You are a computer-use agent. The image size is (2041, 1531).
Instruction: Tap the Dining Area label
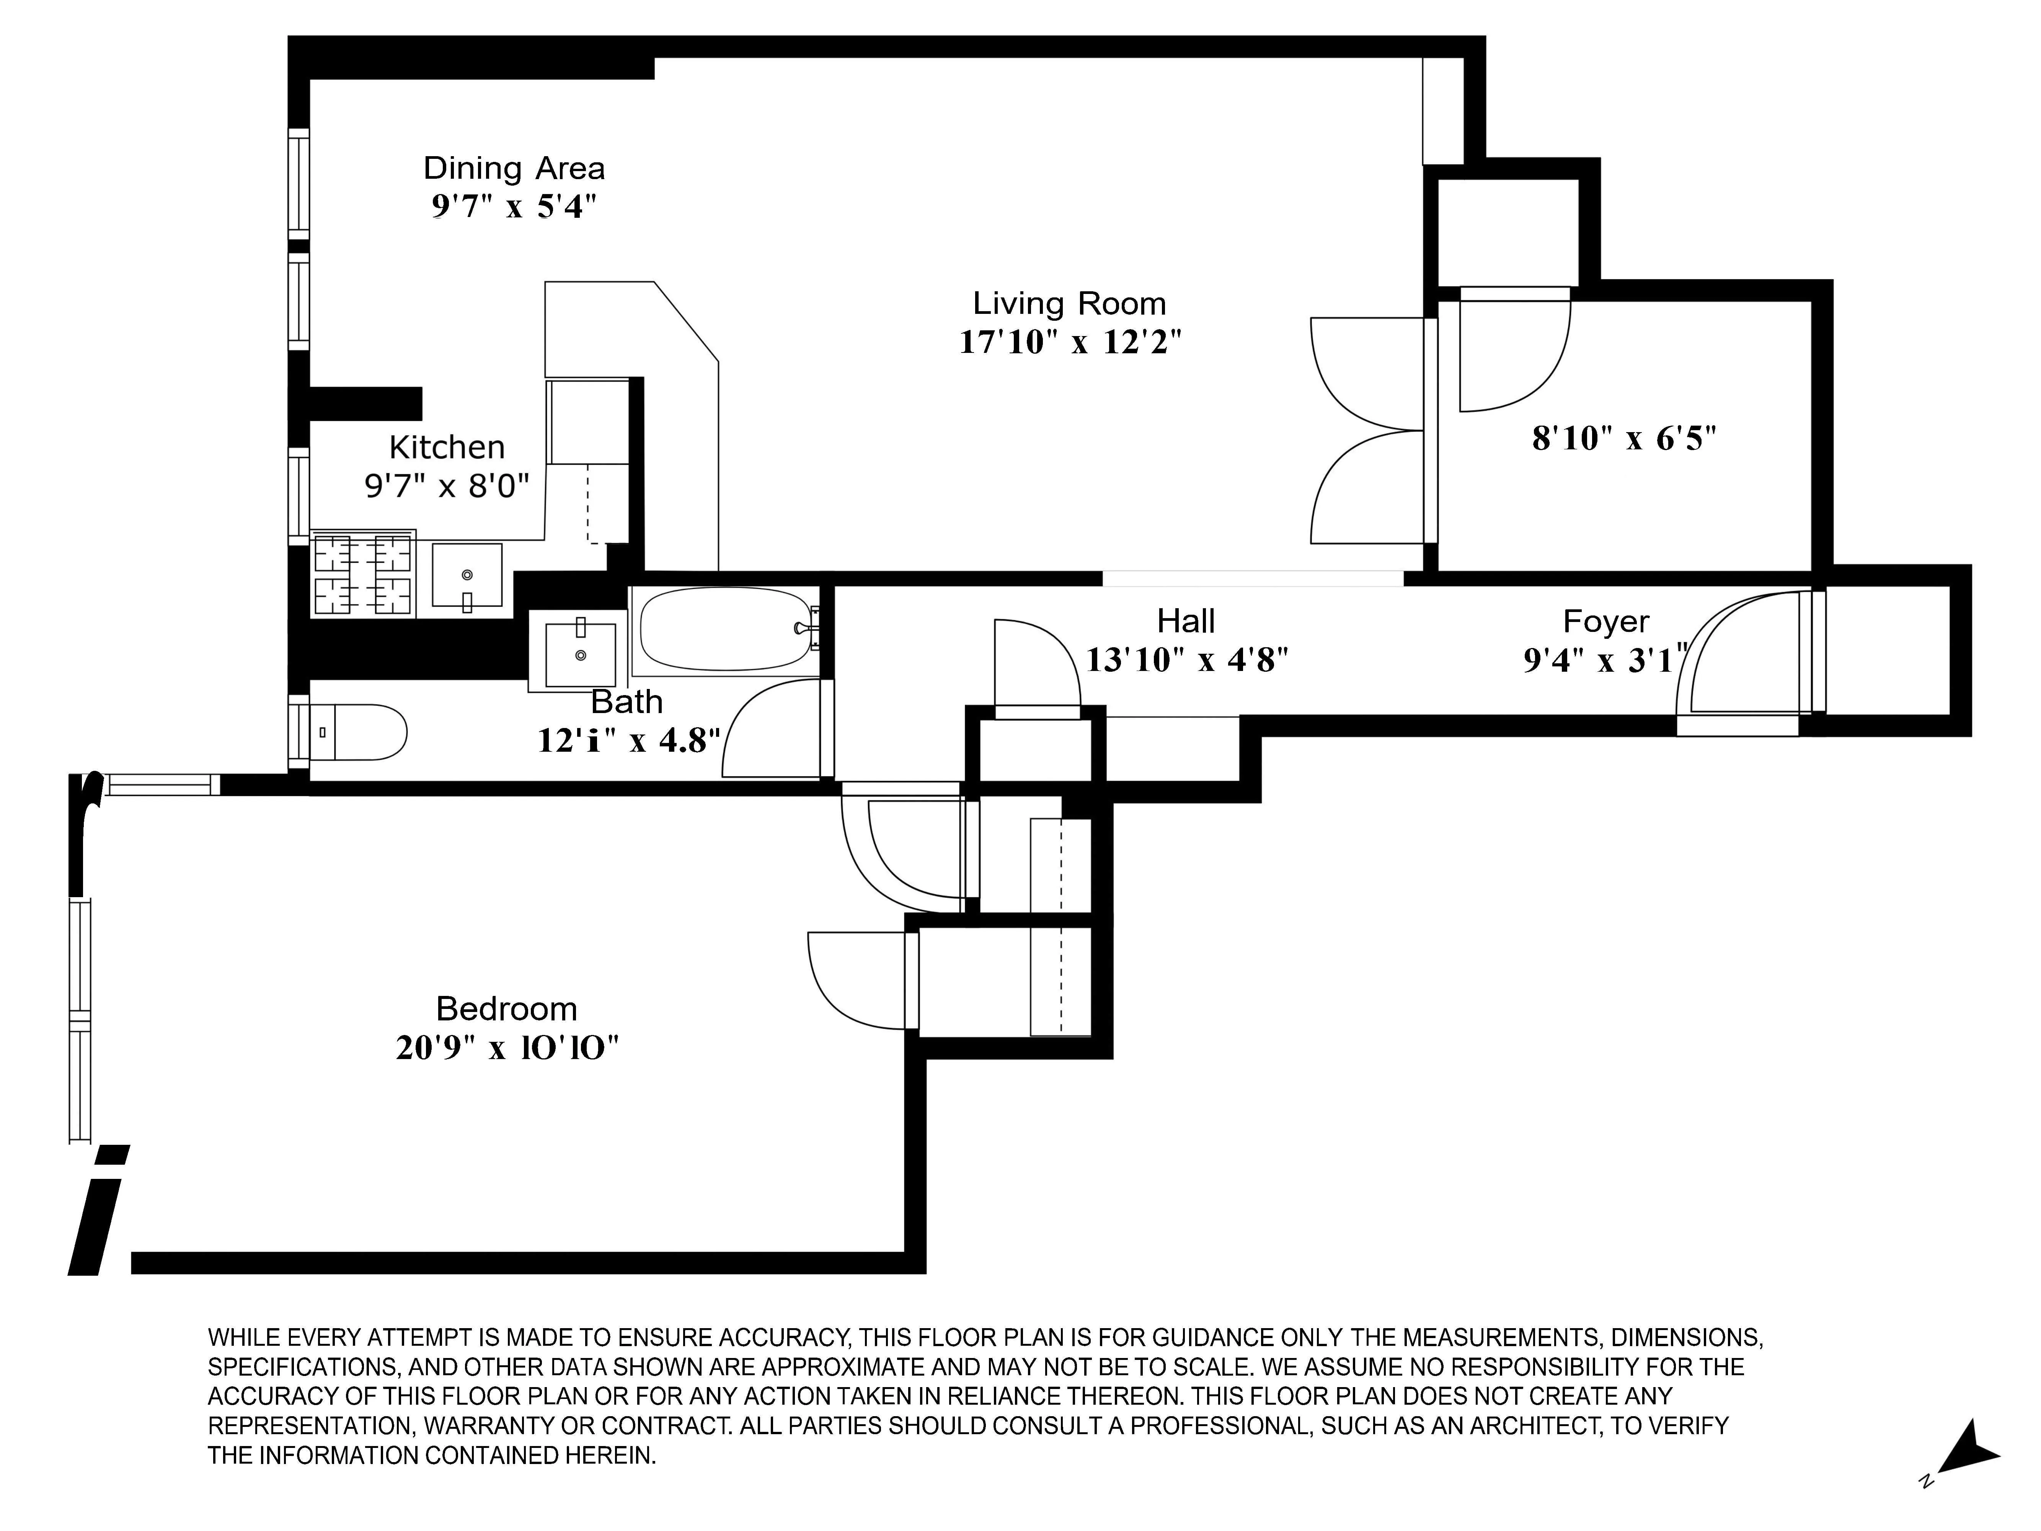[514, 168]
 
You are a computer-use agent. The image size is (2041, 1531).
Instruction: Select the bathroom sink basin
[580, 654]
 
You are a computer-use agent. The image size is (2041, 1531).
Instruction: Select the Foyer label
[1605, 621]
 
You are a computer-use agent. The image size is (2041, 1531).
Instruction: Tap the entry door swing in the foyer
[1739, 655]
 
